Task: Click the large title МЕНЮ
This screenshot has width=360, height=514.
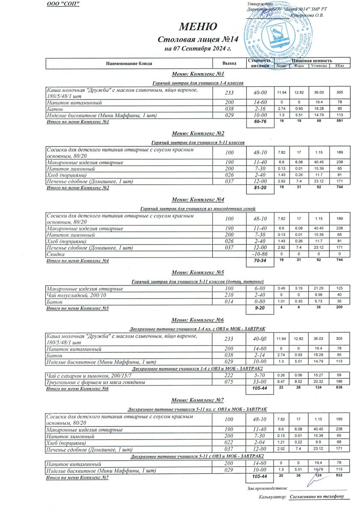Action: pos(198,27)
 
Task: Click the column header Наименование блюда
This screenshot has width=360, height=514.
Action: pos(129,63)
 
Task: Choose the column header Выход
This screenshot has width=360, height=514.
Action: pos(229,63)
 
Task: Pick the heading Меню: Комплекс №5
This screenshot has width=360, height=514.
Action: pos(198,272)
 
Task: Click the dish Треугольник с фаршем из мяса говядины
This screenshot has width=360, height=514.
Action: pos(95,382)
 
